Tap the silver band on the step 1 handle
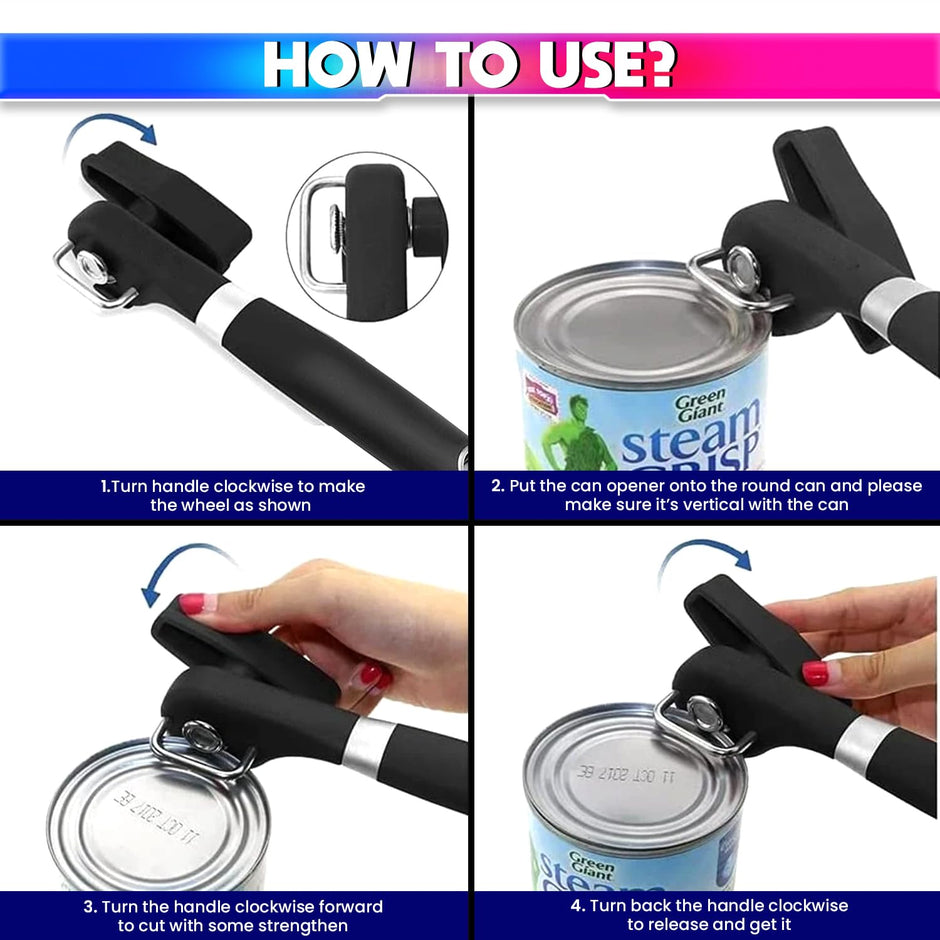[221, 311]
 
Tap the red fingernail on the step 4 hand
[815, 673]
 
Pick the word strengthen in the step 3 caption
[299, 925]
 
